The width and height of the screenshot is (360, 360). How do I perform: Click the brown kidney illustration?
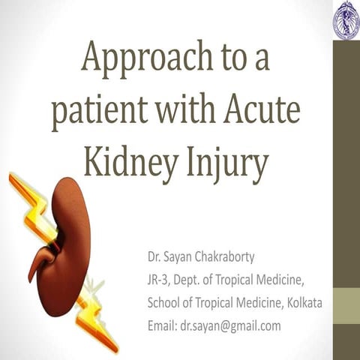tap(64, 240)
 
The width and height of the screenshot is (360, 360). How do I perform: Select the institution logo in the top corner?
tap(346, 18)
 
